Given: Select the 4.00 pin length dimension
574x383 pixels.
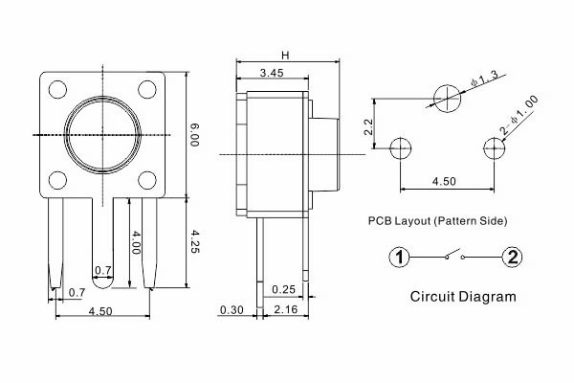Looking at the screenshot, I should click(138, 239).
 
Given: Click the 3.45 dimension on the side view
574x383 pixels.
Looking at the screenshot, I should click(271, 73).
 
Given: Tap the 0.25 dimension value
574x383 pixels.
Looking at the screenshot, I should click(283, 289).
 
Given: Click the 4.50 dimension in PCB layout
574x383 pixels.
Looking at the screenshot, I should click(444, 179).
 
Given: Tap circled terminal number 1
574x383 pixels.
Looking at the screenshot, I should click(400, 257).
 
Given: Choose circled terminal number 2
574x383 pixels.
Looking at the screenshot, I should click(512, 257).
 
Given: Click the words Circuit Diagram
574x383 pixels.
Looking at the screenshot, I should click(462, 296).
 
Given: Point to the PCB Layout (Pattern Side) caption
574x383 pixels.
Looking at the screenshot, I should click(437, 221).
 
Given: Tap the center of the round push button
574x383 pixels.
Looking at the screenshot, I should click(102, 134).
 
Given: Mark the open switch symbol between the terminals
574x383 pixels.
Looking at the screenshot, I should click(454, 256).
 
